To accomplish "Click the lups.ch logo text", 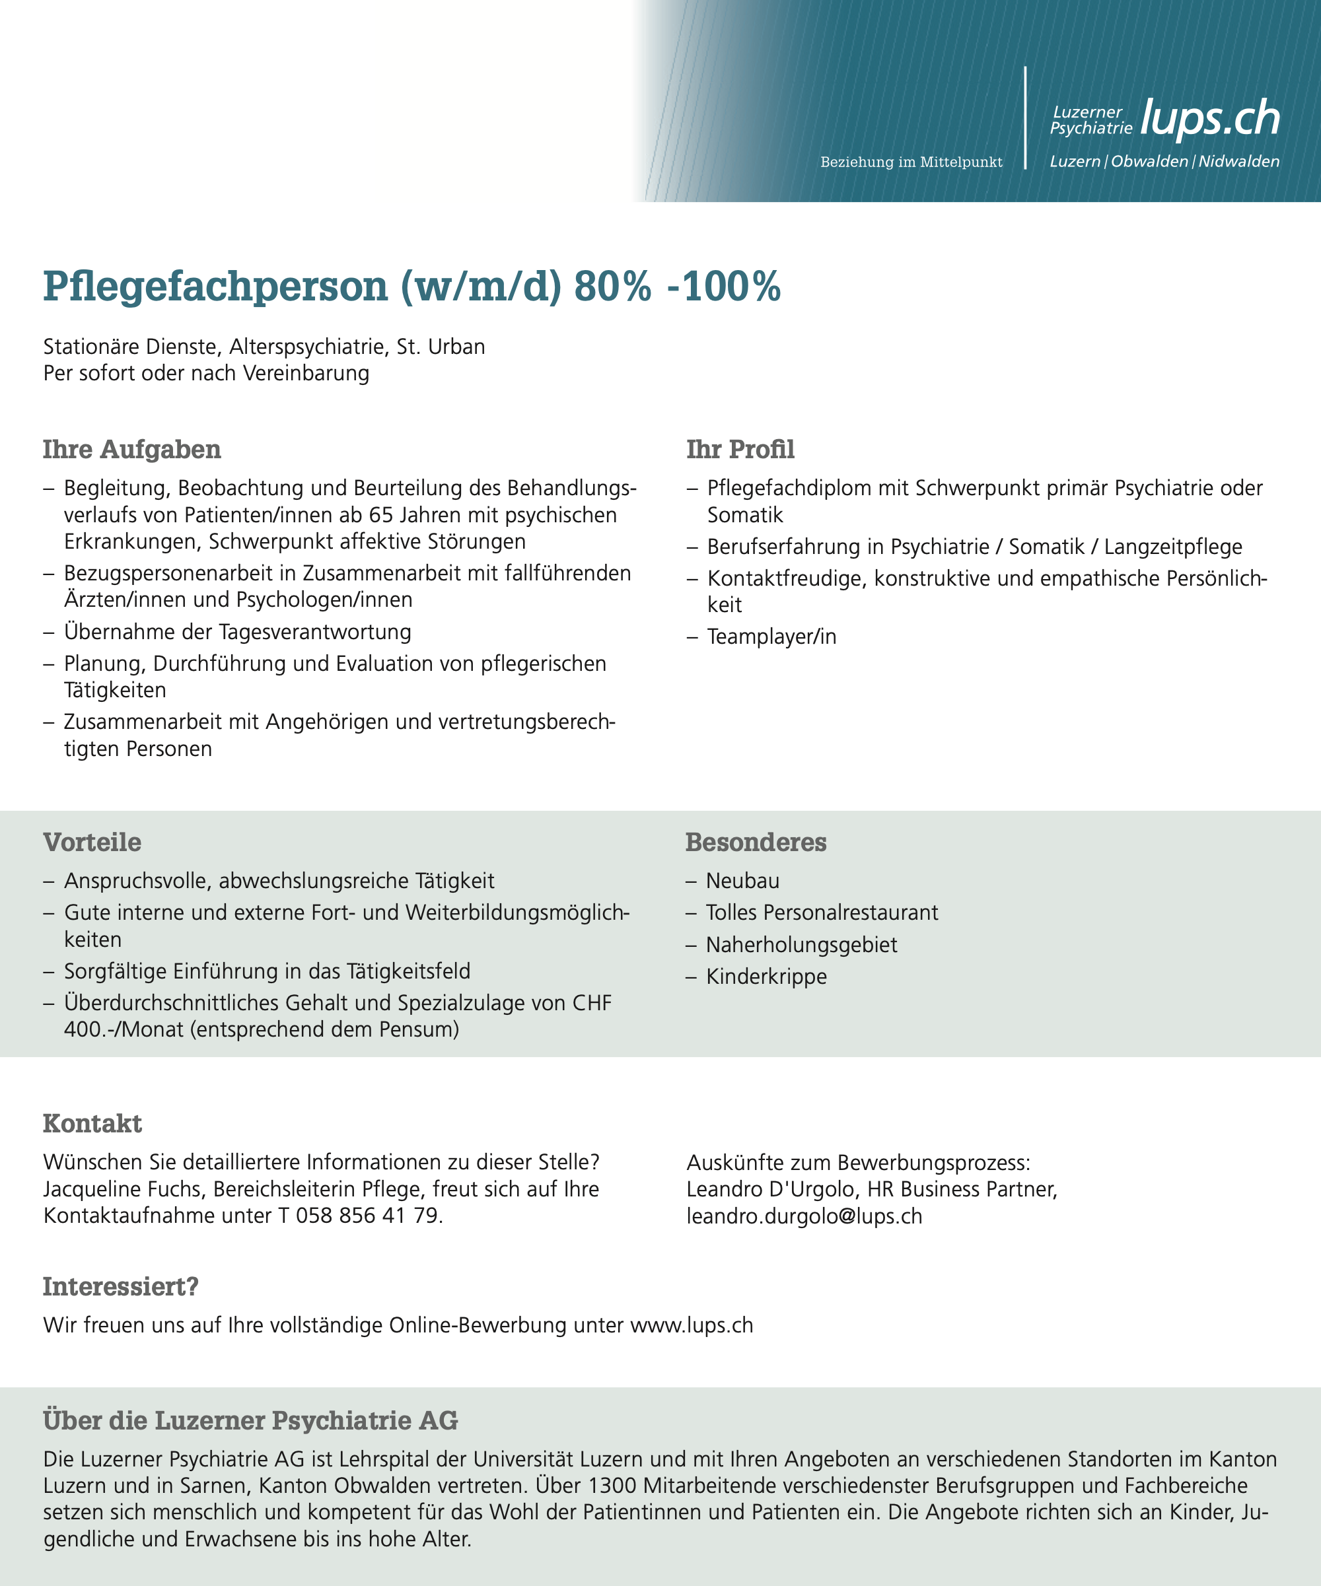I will click(1209, 119).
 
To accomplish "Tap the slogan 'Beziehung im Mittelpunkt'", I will click(911, 162).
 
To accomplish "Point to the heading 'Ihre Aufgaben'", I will click(131, 450).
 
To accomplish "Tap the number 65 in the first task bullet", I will click(384, 515).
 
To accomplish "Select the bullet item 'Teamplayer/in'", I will click(771, 637).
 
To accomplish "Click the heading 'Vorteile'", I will click(92, 842).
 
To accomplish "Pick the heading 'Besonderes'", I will click(756, 842).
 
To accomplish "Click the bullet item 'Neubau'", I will click(742, 881).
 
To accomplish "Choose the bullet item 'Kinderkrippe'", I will click(766, 977).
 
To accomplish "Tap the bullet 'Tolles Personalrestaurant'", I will click(822, 913).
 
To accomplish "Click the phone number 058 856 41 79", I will click(367, 1216).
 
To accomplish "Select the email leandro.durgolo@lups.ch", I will click(804, 1216).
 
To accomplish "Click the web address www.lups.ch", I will click(691, 1325).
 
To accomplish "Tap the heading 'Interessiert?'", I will click(120, 1287).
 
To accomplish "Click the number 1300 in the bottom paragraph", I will click(614, 1486).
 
